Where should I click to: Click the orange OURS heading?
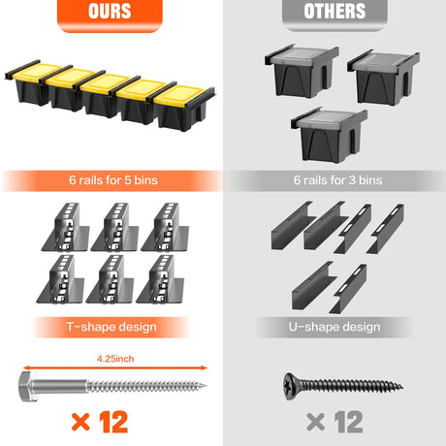[110, 11]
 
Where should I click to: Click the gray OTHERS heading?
[334, 11]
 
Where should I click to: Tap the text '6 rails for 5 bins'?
[113, 180]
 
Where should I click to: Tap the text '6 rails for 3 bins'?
[337, 180]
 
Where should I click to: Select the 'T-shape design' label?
[111, 327]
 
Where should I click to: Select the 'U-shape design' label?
[334, 327]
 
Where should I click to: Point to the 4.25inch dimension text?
[115, 359]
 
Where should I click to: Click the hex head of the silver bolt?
[27, 386]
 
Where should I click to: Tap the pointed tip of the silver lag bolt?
[205, 385]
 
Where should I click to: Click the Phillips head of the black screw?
[290, 386]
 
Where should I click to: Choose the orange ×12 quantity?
[100, 422]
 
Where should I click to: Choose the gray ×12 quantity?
[334, 422]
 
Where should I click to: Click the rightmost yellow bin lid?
[179, 95]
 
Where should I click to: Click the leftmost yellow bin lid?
[35, 71]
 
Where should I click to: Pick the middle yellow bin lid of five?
[105, 82]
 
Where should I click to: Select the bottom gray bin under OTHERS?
[329, 135]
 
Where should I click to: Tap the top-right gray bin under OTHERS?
[383, 78]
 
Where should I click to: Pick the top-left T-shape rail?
[66, 228]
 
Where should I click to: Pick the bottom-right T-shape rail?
[161, 279]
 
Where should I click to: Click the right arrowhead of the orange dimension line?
[204, 367]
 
